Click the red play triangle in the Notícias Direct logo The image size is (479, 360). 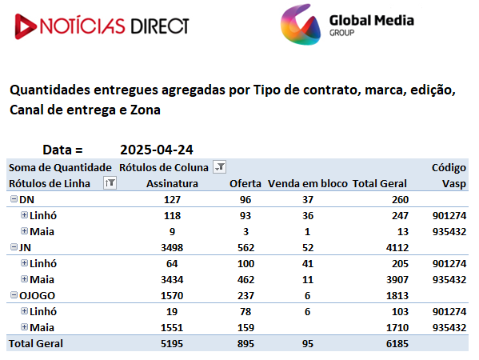click(x=25, y=26)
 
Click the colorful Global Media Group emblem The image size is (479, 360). click(x=301, y=25)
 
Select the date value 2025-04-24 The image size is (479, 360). click(x=157, y=150)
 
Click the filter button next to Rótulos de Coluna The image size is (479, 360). click(x=219, y=167)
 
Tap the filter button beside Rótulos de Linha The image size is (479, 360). click(x=110, y=182)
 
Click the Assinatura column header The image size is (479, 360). click(x=172, y=184)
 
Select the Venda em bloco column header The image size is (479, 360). click(x=308, y=184)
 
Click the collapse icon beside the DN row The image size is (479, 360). click(x=14, y=199)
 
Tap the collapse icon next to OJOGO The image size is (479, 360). click(x=14, y=295)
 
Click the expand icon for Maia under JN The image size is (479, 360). click(x=25, y=279)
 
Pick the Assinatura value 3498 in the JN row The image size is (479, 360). click(x=172, y=247)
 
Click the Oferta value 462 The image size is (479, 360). click(x=245, y=280)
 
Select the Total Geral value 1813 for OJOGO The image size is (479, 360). click(x=397, y=295)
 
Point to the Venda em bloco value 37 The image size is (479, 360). click(x=308, y=199)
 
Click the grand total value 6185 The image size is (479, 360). click(x=397, y=343)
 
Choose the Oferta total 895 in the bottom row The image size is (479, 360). click(x=245, y=343)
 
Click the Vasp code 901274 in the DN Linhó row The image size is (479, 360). click(x=449, y=216)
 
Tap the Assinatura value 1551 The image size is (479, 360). click(x=172, y=328)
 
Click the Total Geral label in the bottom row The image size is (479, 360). click(x=36, y=343)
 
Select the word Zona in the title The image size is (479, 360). click(x=145, y=110)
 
